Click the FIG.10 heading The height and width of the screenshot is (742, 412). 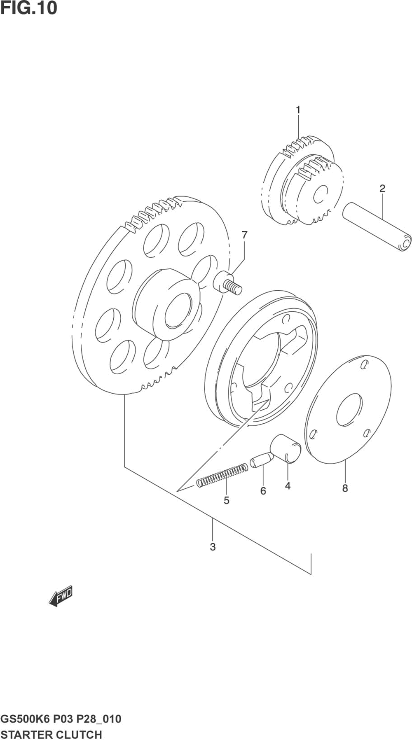[x=29, y=8]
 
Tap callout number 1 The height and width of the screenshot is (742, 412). [x=297, y=110]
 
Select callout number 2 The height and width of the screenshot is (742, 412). [x=382, y=189]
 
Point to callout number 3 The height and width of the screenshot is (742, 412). [x=213, y=547]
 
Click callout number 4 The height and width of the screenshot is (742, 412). [x=288, y=486]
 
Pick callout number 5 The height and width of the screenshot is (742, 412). [x=226, y=500]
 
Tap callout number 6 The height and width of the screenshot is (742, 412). [x=263, y=491]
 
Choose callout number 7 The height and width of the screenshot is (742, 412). [x=245, y=235]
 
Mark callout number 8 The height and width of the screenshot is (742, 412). [x=345, y=488]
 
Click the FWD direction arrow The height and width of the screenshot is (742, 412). [x=61, y=596]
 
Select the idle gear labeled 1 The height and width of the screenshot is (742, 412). [x=303, y=181]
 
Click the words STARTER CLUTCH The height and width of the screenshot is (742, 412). [x=51, y=735]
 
